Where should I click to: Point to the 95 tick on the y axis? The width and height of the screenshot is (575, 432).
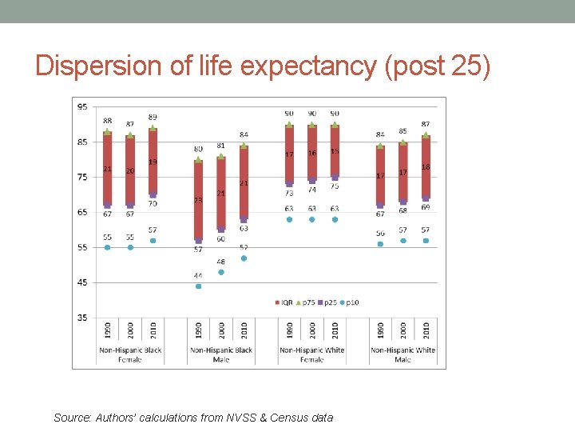[x=82, y=106]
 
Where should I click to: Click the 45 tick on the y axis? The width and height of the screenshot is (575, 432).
[x=82, y=282]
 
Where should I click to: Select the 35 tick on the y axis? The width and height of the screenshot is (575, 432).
[x=82, y=318]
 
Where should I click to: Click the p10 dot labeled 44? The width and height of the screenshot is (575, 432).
[x=198, y=286]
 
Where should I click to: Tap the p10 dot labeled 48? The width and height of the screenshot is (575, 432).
[x=221, y=272]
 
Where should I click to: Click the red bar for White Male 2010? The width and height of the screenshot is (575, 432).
[x=426, y=166]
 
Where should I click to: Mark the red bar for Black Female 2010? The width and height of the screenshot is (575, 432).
[x=153, y=162]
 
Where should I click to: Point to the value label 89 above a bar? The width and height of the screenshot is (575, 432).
[x=153, y=117]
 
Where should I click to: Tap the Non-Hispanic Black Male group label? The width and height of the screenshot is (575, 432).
[x=221, y=354]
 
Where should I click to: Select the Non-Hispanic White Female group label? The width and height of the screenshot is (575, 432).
[x=312, y=354]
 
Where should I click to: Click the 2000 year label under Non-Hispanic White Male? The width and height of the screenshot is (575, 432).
[x=403, y=330]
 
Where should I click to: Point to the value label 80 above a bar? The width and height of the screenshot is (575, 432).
[x=198, y=149]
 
